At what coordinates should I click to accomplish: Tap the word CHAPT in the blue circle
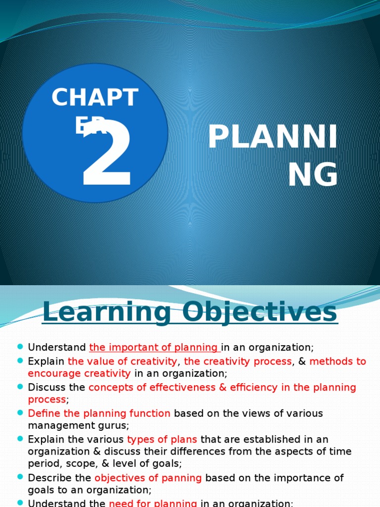click(x=95, y=98)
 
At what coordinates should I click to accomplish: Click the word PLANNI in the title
click(x=273, y=138)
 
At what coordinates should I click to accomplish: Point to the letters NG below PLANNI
click(x=313, y=175)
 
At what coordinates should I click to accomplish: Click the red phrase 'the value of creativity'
click(x=122, y=361)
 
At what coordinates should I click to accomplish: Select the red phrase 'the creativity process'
click(x=238, y=361)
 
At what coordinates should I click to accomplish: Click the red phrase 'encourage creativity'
click(x=79, y=373)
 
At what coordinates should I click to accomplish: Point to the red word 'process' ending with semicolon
click(x=47, y=399)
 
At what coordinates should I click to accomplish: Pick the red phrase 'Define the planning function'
click(x=99, y=413)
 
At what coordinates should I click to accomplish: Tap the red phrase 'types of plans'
click(x=162, y=439)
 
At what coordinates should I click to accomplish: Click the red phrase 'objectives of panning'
click(x=148, y=478)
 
